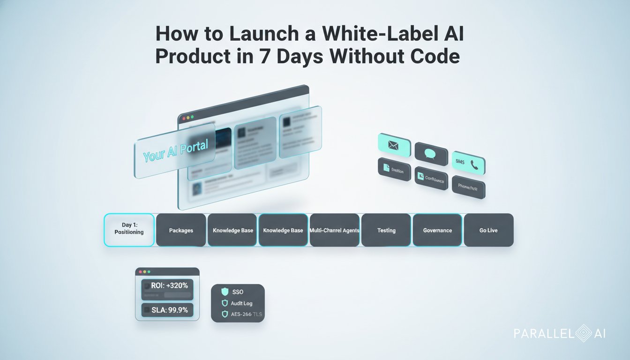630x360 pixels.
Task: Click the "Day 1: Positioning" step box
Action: coord(129,230)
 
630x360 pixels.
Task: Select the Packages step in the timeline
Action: coord(181,230)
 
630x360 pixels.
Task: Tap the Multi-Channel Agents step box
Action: coord(334,230)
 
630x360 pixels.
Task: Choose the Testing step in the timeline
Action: coord(386,230)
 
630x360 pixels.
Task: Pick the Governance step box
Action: coord(437,230)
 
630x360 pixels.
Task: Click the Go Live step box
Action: coord(488,230)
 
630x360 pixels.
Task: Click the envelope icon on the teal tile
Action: coord(393,146)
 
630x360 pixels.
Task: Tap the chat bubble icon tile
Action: coord(430,153)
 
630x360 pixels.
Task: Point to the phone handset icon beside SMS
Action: coord(474,165)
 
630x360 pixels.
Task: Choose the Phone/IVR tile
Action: coord(468,188)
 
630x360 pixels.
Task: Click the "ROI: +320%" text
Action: coord(169,285)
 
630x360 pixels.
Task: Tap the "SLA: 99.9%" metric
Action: coord(169,310)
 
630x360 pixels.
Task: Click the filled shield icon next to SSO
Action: coord(225,292)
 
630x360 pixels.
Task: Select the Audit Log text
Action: coord(242,303)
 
